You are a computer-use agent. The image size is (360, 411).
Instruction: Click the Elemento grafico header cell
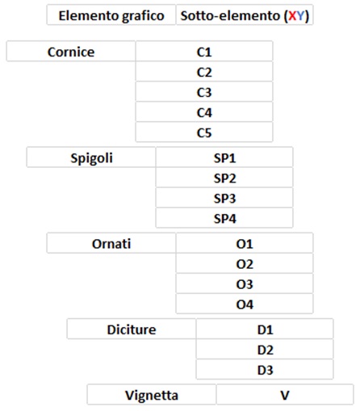(x=111, y=15)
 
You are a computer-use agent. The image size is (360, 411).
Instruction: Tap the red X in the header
(x=292, y=16)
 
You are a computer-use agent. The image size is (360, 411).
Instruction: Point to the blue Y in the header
(x=300, y=16)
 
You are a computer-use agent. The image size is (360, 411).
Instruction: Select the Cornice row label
(x=71, y=51)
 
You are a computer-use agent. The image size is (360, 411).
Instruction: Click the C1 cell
(x=204, y=51)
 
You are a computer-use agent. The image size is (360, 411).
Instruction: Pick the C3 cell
(x=204, y=92)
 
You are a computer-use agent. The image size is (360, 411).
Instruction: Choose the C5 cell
(x=204, y=132)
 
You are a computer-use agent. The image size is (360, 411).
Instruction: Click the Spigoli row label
(x=91, y=157)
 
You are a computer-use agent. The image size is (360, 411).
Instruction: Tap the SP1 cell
(x=224, y=157)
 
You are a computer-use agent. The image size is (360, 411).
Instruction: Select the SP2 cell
(x=224, y=178)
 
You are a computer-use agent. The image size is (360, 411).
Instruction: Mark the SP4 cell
(x=224, y=218)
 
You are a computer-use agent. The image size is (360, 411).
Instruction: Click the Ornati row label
(x=111, y=243)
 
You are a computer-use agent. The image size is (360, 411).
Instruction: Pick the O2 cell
(x=245, y=263)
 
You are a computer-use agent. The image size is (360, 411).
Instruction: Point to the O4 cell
(x=245, y=304)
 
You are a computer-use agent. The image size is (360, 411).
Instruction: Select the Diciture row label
(x=132, y=329)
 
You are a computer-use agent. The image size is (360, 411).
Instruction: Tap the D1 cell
(x=265, y=329)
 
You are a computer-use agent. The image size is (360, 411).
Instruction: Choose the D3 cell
(x=265, y=369)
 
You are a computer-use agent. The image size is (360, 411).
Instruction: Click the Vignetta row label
(x=152, y=395)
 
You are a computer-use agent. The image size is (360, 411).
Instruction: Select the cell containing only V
(x=285, y=395)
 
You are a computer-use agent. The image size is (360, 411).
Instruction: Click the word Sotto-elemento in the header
(x=230, y=15)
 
